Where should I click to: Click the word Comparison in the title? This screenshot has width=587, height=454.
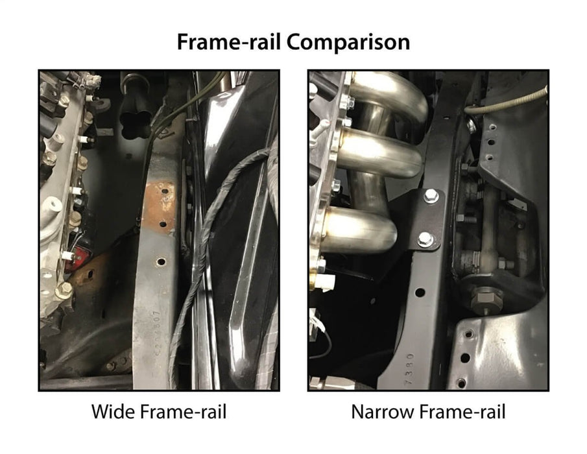348,42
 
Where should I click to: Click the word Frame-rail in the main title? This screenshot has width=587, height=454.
228,42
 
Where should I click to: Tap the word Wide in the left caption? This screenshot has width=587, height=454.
114,411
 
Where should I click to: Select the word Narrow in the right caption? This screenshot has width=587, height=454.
383,412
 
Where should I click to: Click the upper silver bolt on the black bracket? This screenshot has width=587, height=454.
431,196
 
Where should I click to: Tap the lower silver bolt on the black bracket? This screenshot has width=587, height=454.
425,239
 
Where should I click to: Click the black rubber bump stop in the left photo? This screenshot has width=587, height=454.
134,108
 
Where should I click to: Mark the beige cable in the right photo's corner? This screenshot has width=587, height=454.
505,104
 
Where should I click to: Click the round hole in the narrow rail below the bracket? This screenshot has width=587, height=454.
420,292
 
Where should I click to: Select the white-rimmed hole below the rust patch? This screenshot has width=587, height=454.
161,261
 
